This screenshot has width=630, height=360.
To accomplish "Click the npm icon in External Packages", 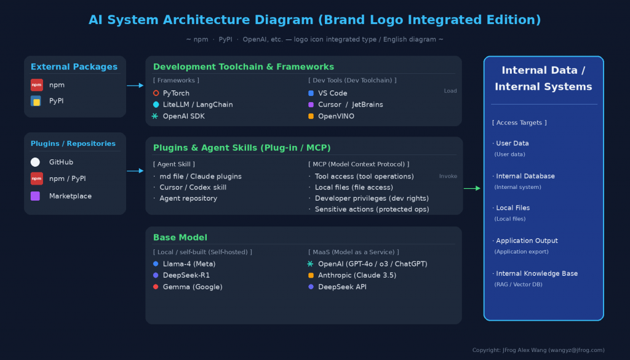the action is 36,85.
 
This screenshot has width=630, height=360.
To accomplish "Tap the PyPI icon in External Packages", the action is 36,101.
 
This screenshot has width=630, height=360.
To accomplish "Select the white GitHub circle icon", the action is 35,162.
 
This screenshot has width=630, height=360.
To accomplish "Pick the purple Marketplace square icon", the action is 35,196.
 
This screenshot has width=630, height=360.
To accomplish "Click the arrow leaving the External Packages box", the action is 135,85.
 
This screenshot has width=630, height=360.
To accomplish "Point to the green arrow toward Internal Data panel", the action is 472,188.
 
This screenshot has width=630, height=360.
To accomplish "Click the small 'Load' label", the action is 450,91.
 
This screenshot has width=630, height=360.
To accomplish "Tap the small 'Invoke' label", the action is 448,176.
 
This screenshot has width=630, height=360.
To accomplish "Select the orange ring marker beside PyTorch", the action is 156,93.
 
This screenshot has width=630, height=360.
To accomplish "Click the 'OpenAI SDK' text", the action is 183,116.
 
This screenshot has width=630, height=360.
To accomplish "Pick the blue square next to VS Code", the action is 311,93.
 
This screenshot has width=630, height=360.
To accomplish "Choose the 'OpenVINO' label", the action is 336,116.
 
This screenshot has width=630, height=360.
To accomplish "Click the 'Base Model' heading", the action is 180,238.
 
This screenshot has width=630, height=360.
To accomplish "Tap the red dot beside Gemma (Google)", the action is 156,287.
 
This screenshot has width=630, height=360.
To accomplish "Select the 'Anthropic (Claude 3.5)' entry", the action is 357,275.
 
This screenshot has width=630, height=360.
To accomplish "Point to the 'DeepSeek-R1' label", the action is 186,275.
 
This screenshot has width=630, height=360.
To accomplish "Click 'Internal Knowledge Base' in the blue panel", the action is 536,273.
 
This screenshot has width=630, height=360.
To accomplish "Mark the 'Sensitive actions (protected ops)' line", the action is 372,209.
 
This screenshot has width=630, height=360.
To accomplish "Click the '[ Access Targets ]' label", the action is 519,122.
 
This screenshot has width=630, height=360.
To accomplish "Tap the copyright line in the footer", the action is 538,350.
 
